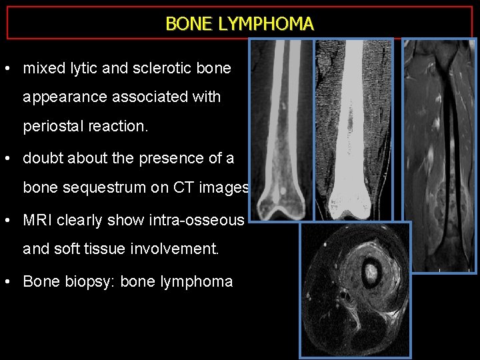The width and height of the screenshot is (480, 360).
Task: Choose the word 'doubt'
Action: (41, 158)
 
